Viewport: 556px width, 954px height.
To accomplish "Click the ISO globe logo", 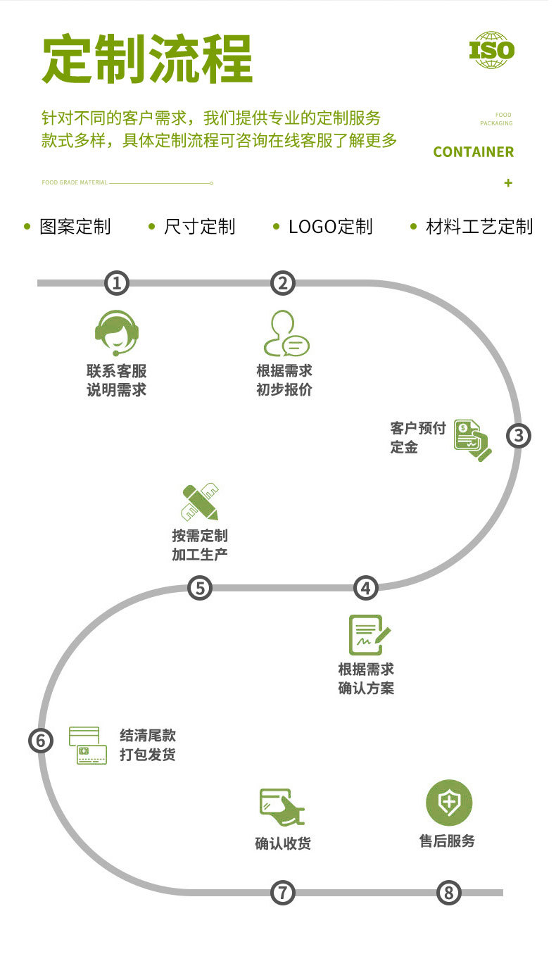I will (x=492, y=49).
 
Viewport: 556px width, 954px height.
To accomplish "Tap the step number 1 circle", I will (x=117, y=283).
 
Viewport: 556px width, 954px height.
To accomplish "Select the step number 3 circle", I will (x=519, y=435).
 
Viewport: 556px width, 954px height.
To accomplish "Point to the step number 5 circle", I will (x=200, y=588).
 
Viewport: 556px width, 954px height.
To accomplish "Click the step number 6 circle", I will (x=41, y=741).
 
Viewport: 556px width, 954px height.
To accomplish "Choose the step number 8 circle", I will (x=448, y=893).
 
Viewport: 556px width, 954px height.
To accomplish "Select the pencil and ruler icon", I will (x=199, y=502).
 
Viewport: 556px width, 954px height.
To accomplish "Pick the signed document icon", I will (x=369, y=635).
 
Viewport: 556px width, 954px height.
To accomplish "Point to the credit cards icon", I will (x=88, y=746).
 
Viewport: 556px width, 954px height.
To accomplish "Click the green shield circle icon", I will (x=448, y=803).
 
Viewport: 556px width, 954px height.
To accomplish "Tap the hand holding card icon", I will (x=282, y=807).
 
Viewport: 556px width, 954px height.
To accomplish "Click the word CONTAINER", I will (x=473, y=152).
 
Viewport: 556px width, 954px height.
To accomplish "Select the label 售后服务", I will (x=448, y=841).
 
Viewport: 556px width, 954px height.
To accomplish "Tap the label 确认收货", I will (x=283, y=843).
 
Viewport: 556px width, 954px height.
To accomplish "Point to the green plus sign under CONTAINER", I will (x=508, y=183).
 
